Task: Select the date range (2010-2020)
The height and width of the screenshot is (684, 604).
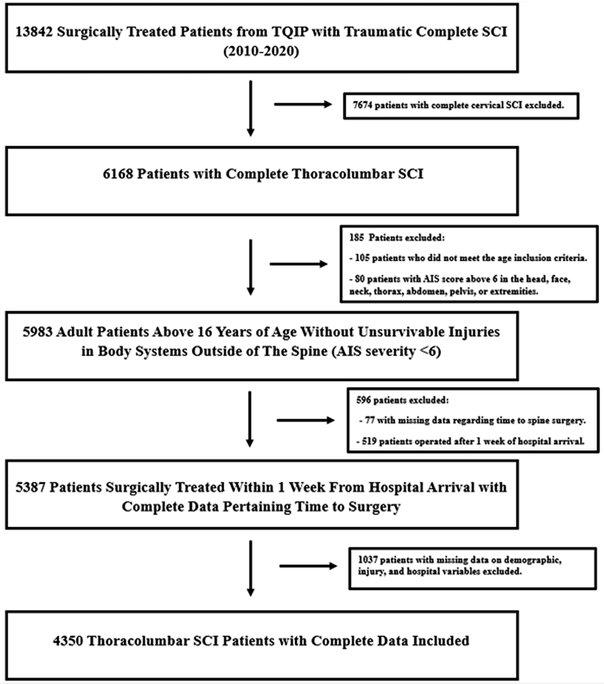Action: tap(261, 51)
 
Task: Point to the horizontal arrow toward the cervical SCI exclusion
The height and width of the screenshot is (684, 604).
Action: tap(303, 104)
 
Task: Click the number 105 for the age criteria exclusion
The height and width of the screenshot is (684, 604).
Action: tap(362, 258)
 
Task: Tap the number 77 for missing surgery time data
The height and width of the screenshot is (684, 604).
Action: tap(370, 420)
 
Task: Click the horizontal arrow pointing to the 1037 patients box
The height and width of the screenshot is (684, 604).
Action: tap(308, 566)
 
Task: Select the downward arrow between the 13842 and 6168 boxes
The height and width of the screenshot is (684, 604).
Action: tap(250, 109)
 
